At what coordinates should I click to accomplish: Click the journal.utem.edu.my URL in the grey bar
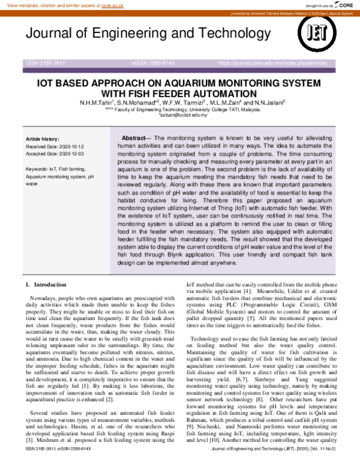272,62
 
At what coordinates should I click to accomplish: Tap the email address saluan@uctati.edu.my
182,115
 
